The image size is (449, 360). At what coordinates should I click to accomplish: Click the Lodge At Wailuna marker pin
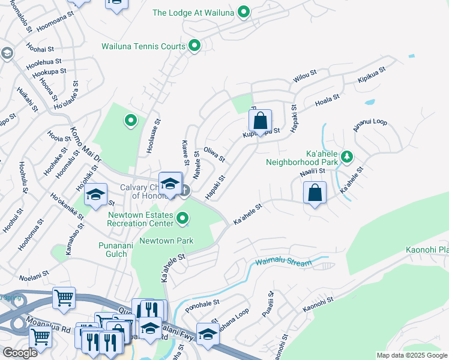[x=243, y=12]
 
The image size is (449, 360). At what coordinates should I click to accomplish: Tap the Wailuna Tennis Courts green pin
[x=194, y=46]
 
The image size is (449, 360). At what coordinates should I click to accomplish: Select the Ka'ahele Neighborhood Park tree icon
[x=346, y=157]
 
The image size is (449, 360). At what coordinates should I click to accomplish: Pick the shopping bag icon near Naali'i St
[x=315, y=194]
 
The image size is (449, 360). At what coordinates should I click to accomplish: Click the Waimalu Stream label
[x=283, y=263]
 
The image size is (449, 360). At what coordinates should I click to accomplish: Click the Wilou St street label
[x=304, y=76]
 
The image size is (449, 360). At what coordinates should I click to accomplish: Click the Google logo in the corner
[x=20, y=353]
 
